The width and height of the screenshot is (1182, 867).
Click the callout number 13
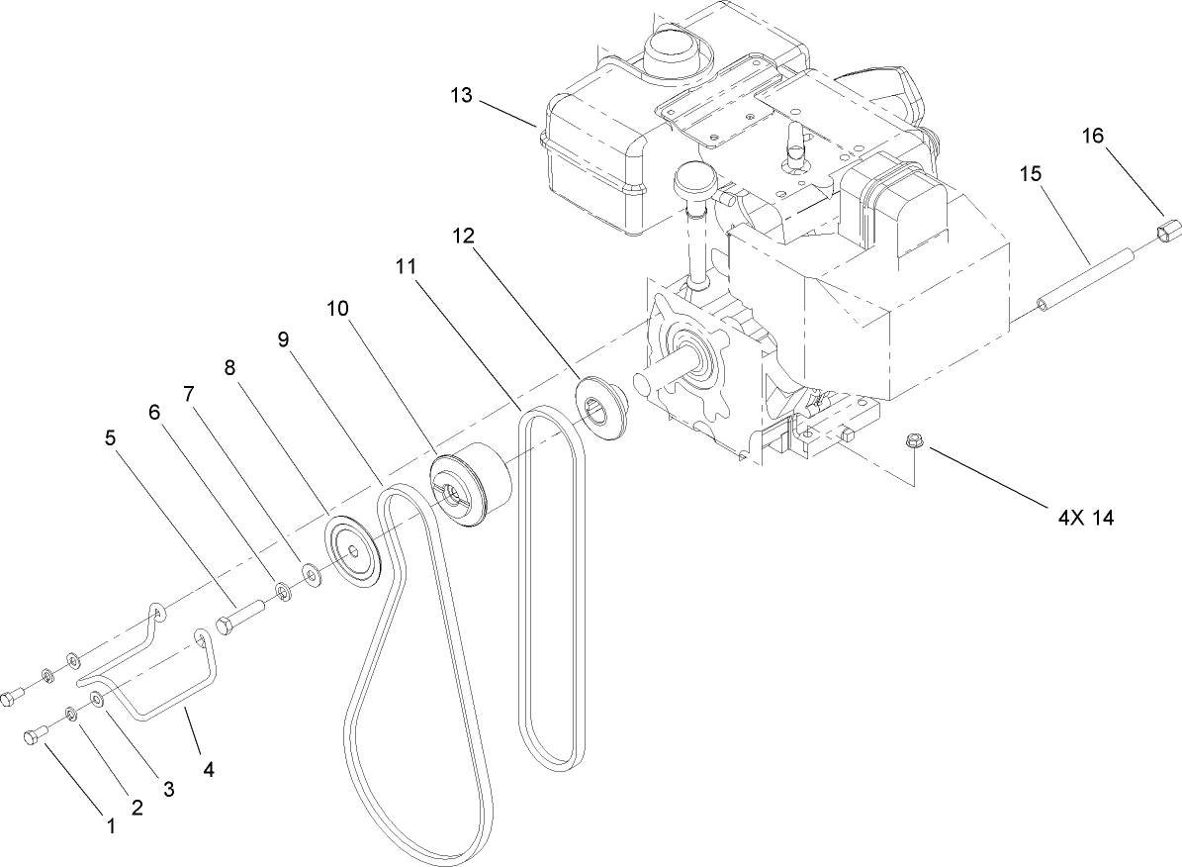(461, 96)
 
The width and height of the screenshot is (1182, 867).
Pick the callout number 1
(111, 824)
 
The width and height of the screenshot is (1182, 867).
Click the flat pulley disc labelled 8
(353, 550)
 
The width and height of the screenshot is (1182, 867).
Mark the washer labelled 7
(311, 572)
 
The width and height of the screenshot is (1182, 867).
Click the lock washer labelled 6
(284, 592)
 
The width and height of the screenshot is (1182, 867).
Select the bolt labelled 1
(32, 737)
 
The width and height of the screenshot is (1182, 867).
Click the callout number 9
(283, 339)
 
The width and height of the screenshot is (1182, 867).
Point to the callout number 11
(407, 268)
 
